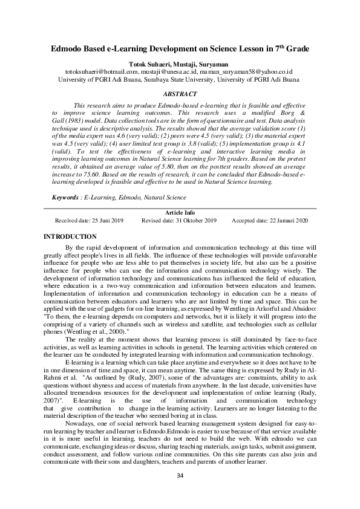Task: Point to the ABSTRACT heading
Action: pyautogui.click(x=180, y=94)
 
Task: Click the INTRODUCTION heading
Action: pyautogui.click(x=70, y=236)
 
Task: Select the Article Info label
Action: pyautogui.click(x=180, y=213)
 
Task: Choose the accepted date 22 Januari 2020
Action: pyautogui.click(x=286, y=221)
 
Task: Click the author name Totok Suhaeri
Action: pyautogui.click(x=149, y=62)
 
